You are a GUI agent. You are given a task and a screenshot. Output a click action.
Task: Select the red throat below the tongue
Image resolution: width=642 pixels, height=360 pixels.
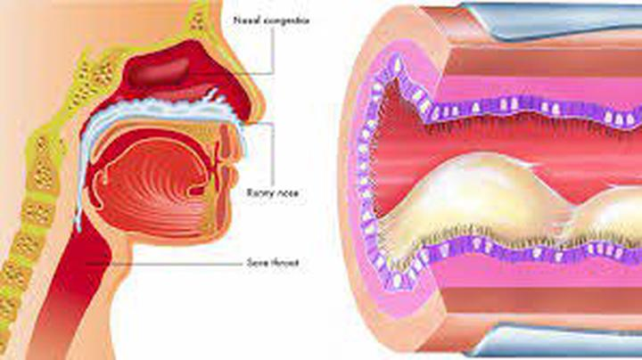(94, 267)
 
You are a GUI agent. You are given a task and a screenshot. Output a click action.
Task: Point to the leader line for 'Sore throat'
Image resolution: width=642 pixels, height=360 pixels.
(178, 262)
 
